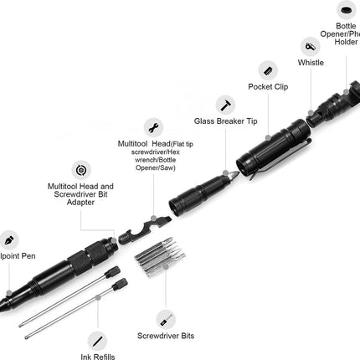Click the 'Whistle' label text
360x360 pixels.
pos(311,63)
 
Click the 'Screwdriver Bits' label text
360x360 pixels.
pos(167,336)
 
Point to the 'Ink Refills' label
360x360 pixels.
pos(98,354)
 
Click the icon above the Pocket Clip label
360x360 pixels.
pos(267,69)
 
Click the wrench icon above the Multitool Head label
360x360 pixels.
pos(153,127)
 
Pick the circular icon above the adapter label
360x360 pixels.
pos(80,170)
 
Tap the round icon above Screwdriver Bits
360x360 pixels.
pos(165,318)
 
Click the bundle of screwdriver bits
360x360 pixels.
pos(160,250)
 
